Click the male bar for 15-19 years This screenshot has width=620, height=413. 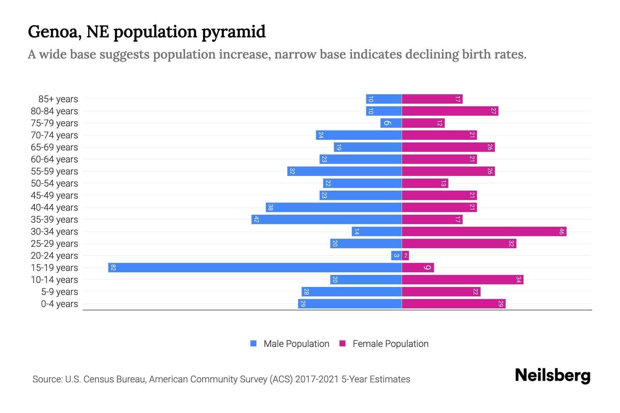click(255, 268)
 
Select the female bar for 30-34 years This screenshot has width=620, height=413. click(484, 232)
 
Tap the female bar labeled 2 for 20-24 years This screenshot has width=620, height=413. click(405, 256)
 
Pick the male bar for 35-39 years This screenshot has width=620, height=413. click(327, 220)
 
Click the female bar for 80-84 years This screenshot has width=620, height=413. click(450, 111)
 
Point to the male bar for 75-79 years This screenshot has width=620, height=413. click(391, 123)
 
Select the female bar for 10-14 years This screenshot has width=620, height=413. click(462, 280)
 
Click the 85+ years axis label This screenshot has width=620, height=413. click(58, 99)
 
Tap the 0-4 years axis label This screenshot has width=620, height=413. click(59, 304)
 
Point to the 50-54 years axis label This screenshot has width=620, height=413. click(54, 183)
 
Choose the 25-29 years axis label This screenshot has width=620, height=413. click(54, 244)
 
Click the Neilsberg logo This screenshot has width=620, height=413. click(552, 375)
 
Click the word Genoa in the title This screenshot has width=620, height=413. click(54, 32)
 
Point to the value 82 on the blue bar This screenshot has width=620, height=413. click(113, 268)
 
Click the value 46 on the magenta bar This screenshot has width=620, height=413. click(561, 232)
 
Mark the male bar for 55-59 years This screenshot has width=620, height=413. click(344, 171)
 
